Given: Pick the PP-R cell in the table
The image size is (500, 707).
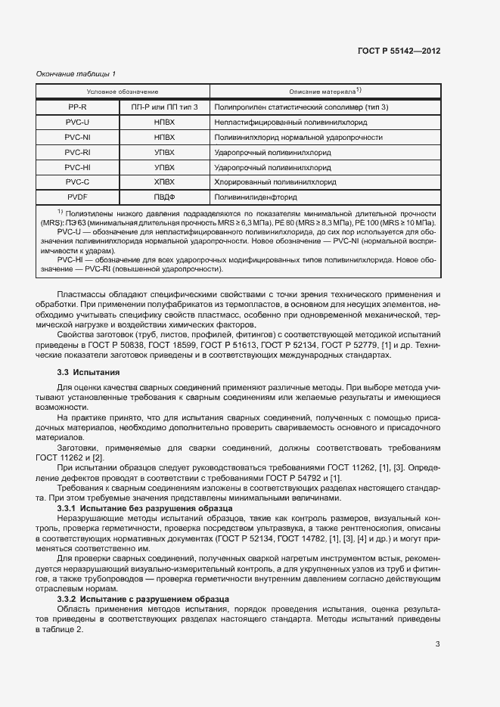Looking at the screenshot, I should tap(77, 107).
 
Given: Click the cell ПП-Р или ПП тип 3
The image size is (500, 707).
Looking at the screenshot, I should tap(164, 107).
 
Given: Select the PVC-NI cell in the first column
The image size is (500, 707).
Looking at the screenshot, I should tap(77, 138).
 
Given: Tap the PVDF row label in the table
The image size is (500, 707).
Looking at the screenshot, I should tap(77, 197).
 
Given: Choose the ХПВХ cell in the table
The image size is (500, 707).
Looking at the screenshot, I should tap(164, 182).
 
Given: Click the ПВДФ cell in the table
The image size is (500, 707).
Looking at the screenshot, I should tap(164, 197).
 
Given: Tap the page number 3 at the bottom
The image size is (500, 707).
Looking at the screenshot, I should tap(437, 644).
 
